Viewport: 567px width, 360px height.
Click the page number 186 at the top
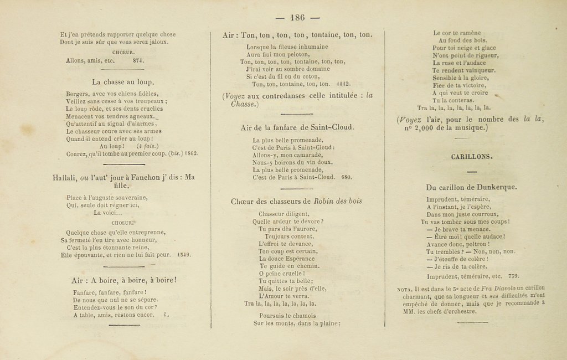297,17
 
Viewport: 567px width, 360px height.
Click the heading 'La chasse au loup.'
123,82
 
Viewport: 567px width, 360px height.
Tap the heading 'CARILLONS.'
472,157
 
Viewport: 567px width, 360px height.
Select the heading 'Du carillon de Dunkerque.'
472,187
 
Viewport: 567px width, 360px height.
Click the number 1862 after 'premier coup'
191,154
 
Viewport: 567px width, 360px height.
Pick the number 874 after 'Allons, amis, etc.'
138,60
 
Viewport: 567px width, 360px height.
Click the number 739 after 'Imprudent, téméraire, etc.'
513,276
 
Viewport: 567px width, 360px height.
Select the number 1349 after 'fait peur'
184,255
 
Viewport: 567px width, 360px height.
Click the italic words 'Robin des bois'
338,202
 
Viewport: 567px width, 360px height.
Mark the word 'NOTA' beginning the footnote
405,289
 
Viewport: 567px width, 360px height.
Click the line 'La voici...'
107,212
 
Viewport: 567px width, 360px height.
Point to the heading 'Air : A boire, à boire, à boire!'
124,280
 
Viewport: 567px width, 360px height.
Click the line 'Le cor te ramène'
457,33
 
